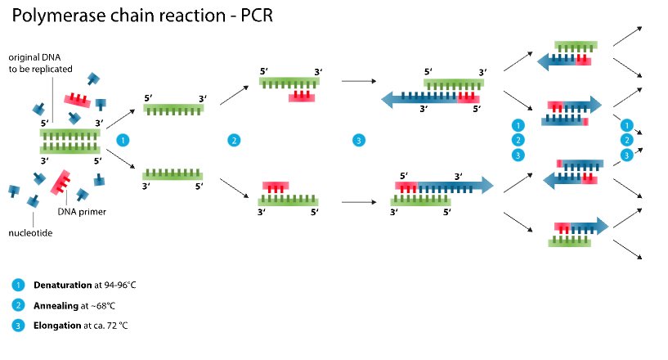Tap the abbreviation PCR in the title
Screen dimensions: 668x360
click(x=257, y=16)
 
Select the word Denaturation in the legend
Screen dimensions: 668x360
click(x=63, y=285)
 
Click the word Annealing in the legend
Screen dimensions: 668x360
click(x=56, y=306)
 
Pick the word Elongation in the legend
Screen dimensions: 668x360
click(x=57, y=326)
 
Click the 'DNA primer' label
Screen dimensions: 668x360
click(x=82, y=212)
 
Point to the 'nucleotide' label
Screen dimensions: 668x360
click(x=30, y=233)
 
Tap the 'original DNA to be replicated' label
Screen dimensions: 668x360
click(x=40, y=63)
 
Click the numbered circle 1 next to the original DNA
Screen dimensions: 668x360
click(x=123, y=141)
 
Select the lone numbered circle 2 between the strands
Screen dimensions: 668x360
click(x=234, y=141)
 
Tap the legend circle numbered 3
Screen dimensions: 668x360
click(x=18, y=326)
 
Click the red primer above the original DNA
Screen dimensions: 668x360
click(x=78, y=101)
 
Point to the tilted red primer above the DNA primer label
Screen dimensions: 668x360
click(x=61, y=182)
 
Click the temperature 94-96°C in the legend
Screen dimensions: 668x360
click(x=120, y=285)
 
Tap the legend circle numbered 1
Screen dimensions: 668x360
click(x=18, y=285)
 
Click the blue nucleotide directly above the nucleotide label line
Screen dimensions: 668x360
click(x=34, y=201)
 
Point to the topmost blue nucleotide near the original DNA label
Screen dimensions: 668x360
click(x=93, y=79)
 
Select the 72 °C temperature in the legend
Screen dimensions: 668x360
click(x=118, y=326)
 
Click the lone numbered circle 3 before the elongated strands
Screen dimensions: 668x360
click(x=359, y=141)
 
